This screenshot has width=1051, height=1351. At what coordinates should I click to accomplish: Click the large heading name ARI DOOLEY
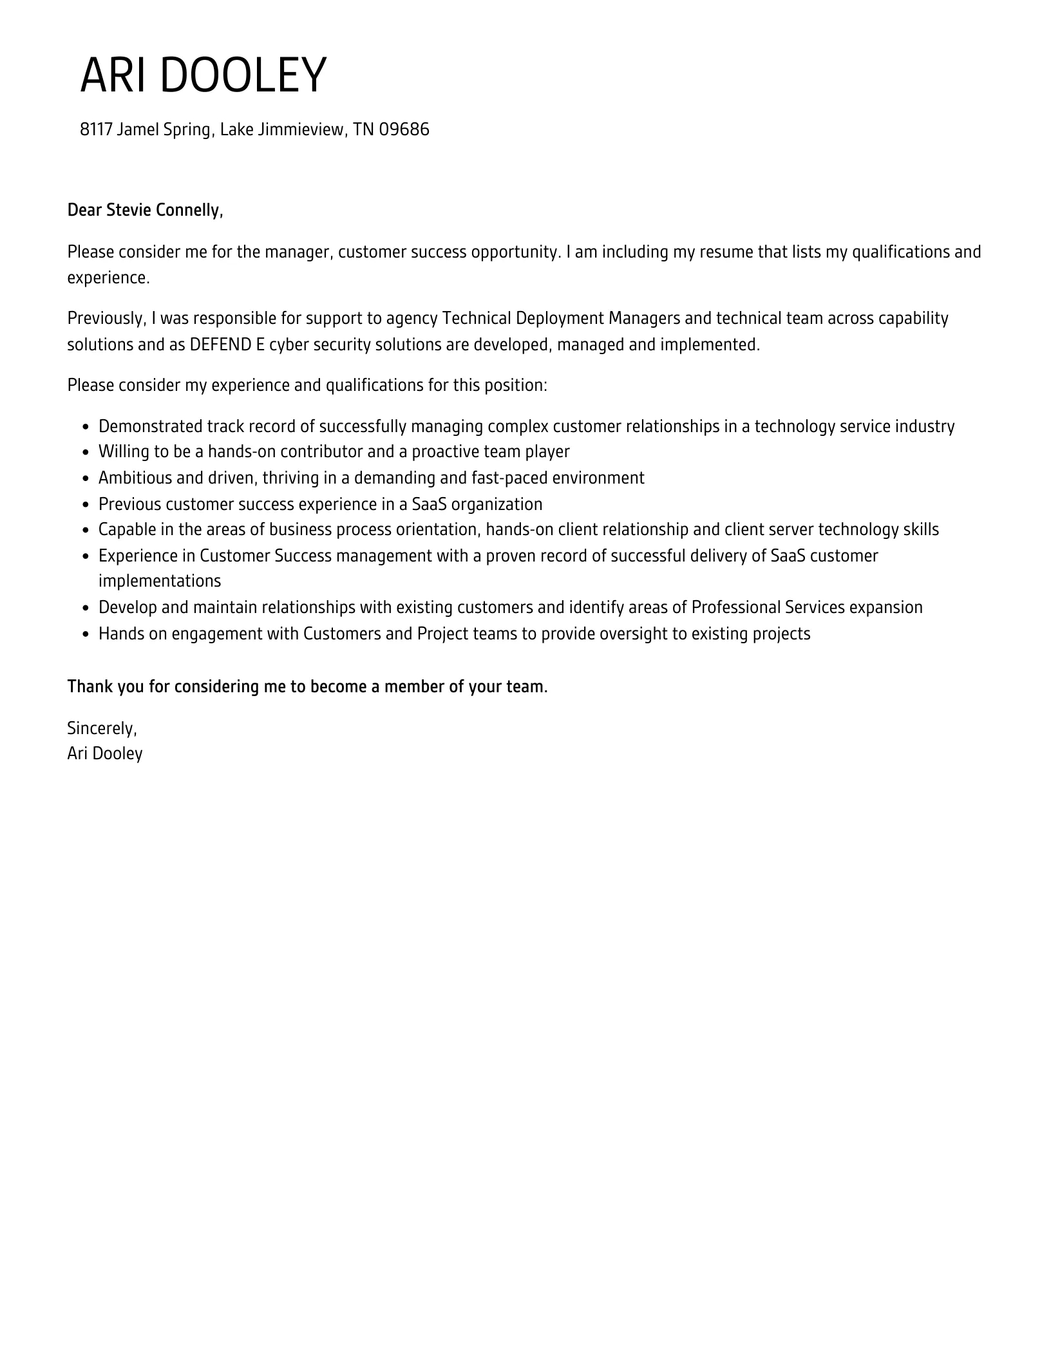pos(203,76)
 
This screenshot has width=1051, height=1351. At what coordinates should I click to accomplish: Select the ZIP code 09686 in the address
pos(404,129)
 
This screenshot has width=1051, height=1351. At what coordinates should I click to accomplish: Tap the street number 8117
pos(96,129)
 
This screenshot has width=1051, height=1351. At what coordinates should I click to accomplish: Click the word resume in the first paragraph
pos(730,252)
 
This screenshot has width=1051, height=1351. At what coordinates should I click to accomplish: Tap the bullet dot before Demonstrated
pos(86,427)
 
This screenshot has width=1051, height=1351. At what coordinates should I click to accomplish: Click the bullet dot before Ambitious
pos(86,478)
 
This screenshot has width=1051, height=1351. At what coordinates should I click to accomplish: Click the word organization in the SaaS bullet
pos(497,504)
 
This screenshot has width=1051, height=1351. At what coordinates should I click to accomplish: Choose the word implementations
pos(160,581)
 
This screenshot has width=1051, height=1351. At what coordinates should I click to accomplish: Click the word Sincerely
pos(102,728)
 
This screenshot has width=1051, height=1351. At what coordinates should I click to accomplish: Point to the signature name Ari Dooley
pos(105,753)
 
